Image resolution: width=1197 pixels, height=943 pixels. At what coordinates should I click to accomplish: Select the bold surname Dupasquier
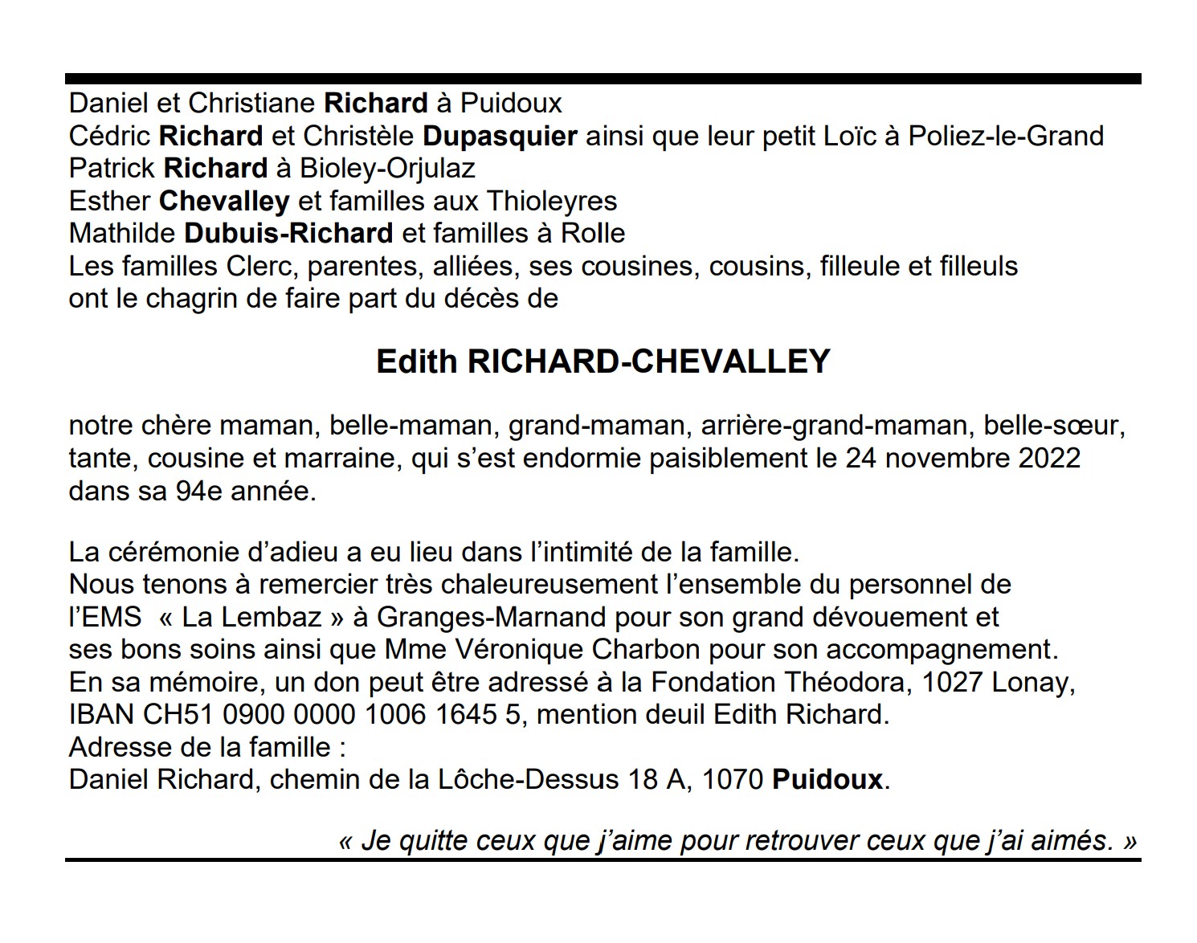[x=500, y=136]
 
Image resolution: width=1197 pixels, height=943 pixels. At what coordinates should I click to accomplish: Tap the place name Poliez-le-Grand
[x=1006, y=136]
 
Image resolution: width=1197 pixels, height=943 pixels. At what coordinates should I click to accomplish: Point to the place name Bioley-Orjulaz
[x=387, y=169]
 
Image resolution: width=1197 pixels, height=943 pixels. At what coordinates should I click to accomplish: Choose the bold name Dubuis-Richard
[x=288, y=234]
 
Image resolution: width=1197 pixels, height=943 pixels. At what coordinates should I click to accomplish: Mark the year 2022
[x=1049, y=458]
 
